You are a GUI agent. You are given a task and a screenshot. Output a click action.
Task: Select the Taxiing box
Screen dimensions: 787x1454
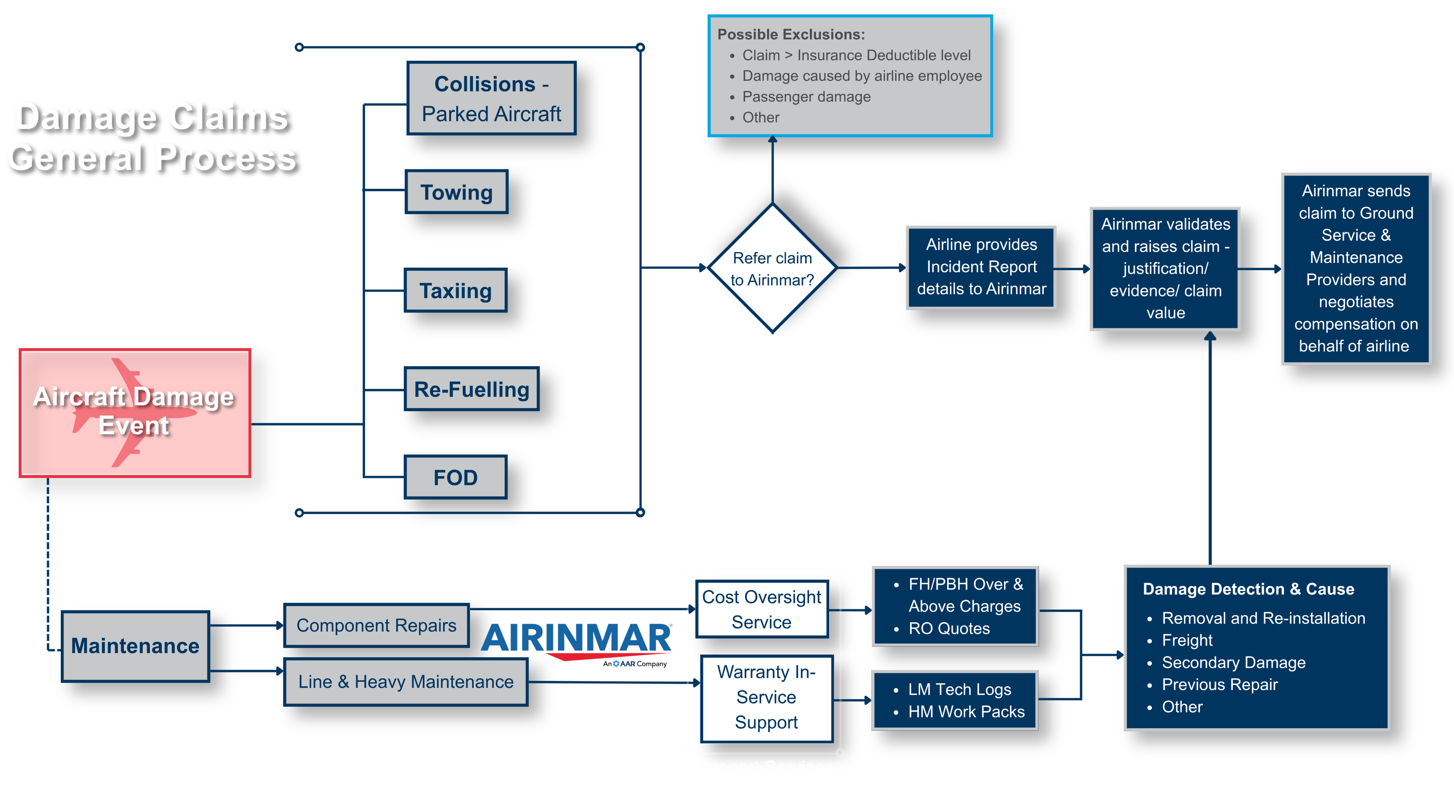455,291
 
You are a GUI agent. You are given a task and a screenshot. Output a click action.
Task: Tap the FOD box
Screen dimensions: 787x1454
455,477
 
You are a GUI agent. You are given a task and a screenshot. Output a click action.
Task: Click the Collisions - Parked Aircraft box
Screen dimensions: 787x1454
491,99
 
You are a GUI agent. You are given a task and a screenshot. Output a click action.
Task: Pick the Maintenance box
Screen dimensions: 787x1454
135,646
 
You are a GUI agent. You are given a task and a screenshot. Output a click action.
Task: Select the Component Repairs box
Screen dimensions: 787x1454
376,625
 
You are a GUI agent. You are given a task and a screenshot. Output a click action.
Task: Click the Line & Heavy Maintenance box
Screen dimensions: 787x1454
406,682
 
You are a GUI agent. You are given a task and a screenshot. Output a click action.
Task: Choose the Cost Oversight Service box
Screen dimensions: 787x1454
761,609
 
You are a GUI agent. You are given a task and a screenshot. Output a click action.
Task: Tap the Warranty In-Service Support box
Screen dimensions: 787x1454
766,697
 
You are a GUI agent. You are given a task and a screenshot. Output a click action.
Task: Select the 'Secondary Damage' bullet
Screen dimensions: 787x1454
1233,662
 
